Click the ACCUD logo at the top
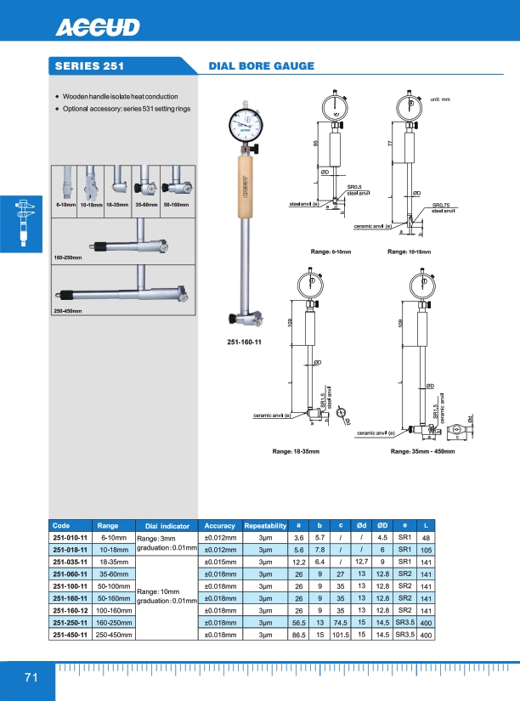tap(98, 29)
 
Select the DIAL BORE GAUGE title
tap(262, 65)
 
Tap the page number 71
tap(31, 677)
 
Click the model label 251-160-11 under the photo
tap(244, 341)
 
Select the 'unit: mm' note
tap(440, 100)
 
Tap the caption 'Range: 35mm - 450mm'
tap(424, 452)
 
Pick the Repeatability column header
tap(265, 526)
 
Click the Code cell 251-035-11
tap(71, 562)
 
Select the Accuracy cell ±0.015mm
tap(220, 562)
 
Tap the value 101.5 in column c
tap(340, 634)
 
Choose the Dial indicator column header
tap(167, 526)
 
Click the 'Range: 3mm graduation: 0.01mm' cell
tap(167, 544)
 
